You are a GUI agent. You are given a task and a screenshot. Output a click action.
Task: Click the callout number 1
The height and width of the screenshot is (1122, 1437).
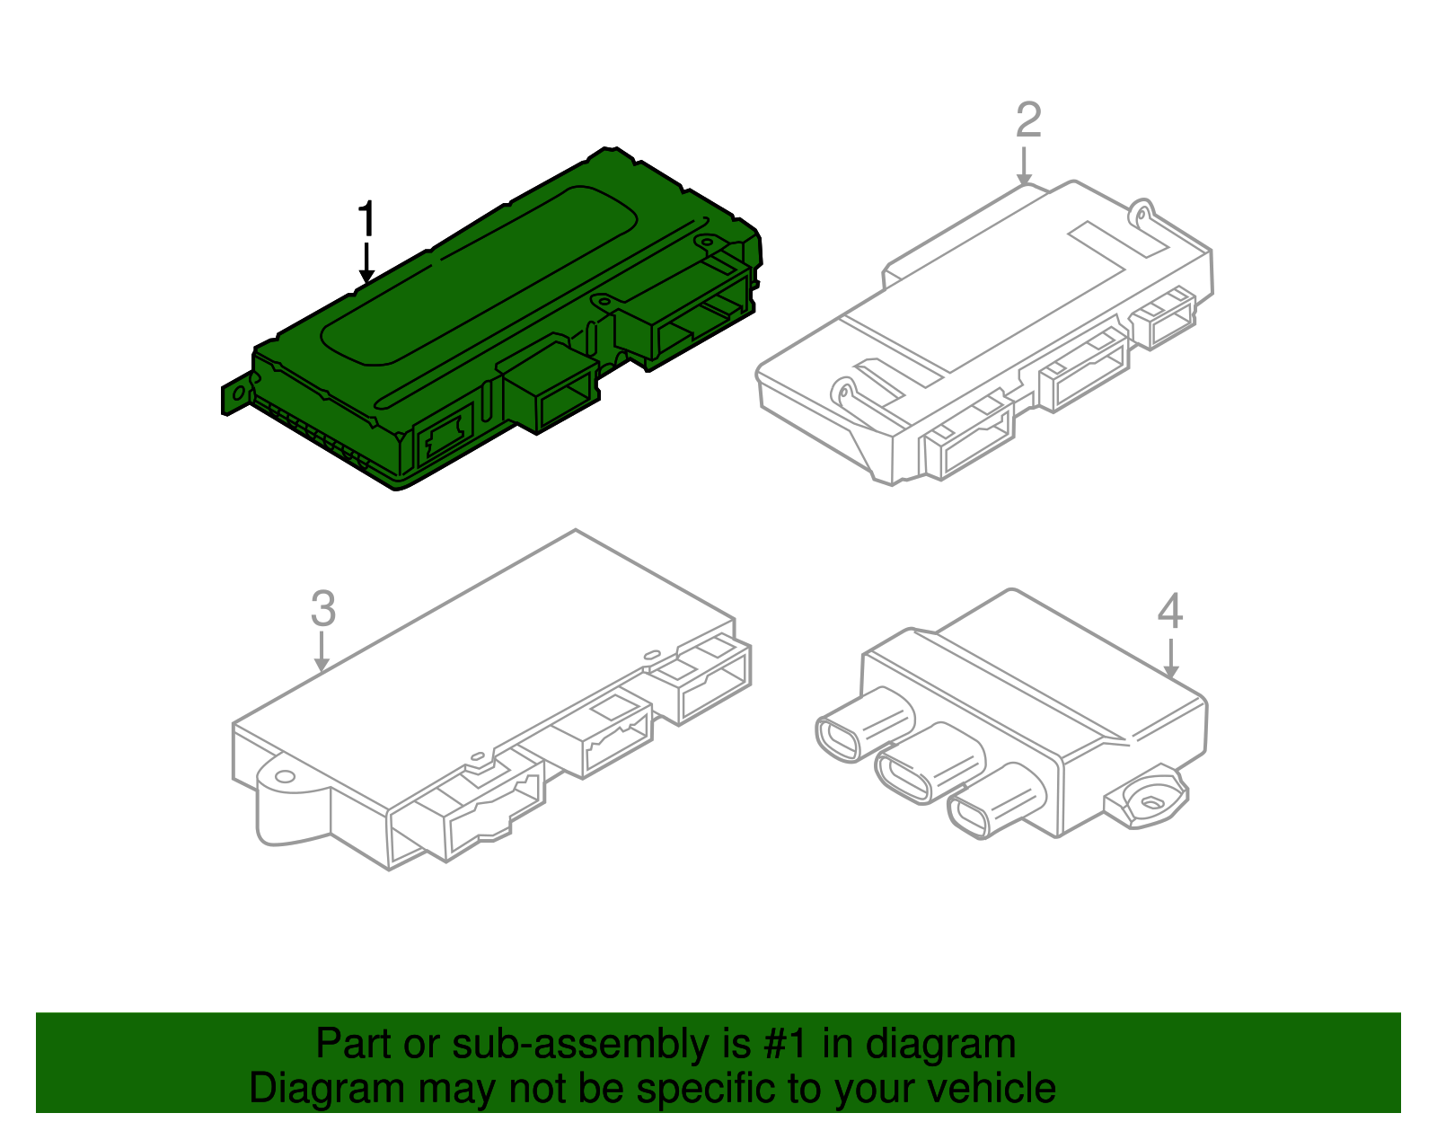click(x=366, y=220)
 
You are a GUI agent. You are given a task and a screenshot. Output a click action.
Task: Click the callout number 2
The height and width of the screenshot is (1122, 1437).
click(x=1028, y=120)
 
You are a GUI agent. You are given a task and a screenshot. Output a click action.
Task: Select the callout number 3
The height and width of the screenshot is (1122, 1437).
click(x=323, y=609)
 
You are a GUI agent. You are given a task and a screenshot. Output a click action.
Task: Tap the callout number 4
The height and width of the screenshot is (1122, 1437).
click(x=1169, y=612)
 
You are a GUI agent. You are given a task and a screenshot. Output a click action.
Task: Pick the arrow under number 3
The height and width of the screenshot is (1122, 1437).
click(x=322, y=652)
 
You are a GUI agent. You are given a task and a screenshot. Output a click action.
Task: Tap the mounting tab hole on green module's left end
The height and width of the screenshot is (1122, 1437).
click(x=238, y=393)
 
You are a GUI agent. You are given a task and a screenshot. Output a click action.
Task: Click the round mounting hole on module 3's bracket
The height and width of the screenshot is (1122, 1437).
click(x=285, y=776)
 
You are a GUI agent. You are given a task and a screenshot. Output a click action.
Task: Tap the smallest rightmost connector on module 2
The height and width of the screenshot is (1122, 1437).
click(x=1165, y=319)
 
